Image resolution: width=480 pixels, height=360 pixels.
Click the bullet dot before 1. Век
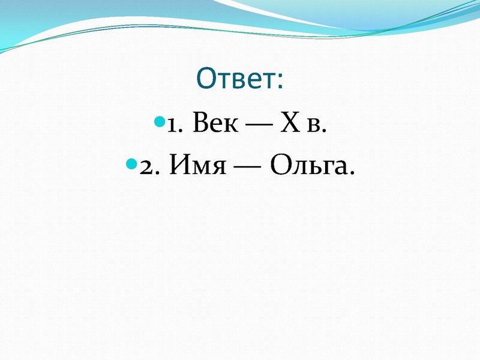[159, 122]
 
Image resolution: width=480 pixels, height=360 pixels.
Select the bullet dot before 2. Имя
[132, 163]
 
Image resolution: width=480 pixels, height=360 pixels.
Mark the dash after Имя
[246, 166]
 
